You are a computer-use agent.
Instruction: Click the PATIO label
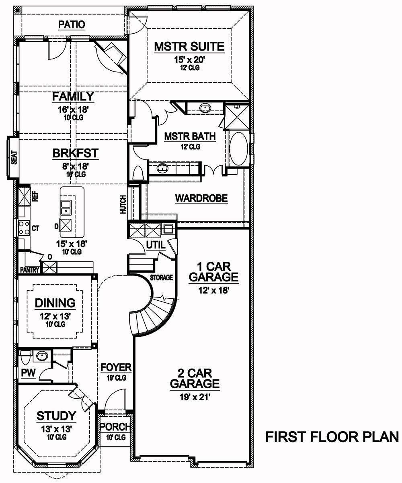tap(72, 25)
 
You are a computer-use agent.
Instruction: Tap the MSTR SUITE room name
tap(189, 47)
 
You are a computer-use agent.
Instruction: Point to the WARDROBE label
tap(201, 198)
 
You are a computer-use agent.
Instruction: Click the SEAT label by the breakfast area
tap(13, 158)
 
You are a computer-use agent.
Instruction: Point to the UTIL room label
tap(155, 245)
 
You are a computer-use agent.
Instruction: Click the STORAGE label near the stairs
tap(161, 277)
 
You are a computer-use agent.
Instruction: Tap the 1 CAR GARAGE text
tap(213, 272)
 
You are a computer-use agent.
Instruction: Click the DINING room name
tap(55, 303)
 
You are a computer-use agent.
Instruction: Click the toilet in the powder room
tap(26, 356)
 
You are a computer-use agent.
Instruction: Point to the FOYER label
tap(116, 367)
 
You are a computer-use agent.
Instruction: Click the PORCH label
tap(115, 427)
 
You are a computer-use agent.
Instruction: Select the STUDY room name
tap(56, 416)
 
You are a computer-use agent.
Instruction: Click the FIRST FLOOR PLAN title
tap(332, 437)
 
